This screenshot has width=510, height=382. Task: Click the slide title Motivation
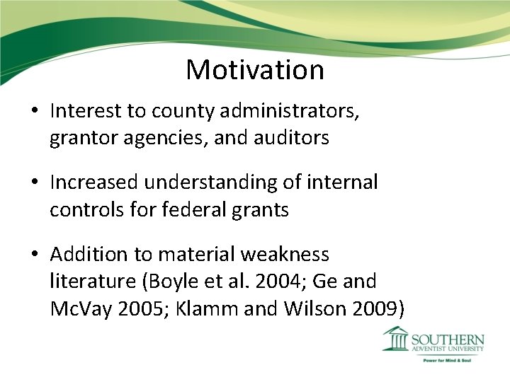tap(255, 69)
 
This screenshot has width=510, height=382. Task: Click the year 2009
tap(371, 309)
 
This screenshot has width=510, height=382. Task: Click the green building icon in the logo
tap(395, 339)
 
